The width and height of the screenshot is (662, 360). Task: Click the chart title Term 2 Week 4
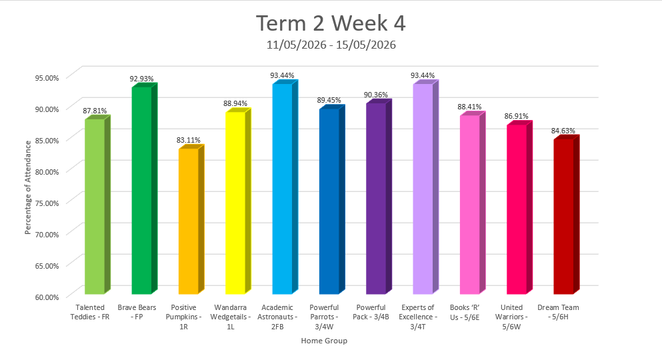(x=331, y=23)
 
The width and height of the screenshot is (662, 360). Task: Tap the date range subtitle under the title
(x=331, y=45)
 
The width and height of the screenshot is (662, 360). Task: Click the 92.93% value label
(x=141, y=79)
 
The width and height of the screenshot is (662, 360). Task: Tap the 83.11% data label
(x=188, y=140)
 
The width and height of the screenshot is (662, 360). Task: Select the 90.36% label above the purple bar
(x=376, y=95)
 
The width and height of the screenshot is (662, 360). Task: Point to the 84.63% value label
(x=563, y=131)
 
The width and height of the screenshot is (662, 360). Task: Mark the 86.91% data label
(x=517, y=117)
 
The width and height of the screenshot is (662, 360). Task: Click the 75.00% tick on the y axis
(x=47, y=203)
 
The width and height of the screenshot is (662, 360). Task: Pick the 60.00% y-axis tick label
(x=47, y=297)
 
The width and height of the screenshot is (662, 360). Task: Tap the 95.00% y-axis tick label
(x=47, y=77)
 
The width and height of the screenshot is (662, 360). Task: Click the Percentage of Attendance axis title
(x=28, y=187)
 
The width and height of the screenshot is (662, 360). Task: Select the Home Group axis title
(x=324, y=341)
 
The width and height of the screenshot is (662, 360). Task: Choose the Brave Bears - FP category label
(x=137, y=312)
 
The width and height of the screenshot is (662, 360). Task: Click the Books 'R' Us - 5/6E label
(x=465, y=312)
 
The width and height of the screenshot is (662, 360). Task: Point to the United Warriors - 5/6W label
(x=511, y=317)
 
